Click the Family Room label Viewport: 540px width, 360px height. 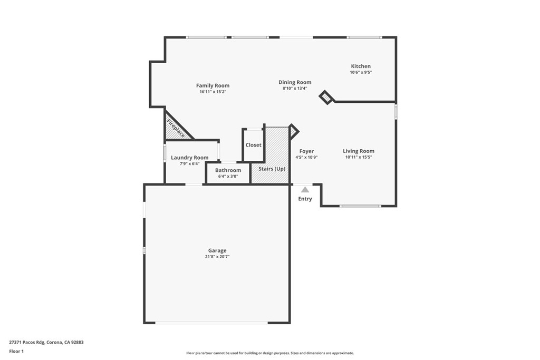tap(213, 85)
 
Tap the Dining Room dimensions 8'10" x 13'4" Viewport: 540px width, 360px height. tap(295, 89)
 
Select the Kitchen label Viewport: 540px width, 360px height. tap(361, 66)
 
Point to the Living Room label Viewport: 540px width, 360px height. tap(359, 151)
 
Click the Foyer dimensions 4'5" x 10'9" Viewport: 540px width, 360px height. tap(306, 157)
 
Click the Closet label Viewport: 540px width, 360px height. tap(253, 145)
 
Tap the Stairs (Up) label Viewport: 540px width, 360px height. tap(272, 169)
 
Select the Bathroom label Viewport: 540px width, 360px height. tap(228, 170)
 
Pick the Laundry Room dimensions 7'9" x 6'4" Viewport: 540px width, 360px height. tap(189, 163)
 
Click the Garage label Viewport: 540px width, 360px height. tap(217, 250)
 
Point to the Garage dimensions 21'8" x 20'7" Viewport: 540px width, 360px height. tap(217, 257)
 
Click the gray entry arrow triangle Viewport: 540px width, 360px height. tap(305, 189)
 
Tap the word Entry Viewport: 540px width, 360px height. tap(305, 199)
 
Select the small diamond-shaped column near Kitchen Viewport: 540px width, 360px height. tap(326, 98)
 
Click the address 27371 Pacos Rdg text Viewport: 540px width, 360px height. tap(46, 342)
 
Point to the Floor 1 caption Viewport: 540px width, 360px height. tap(16, 351)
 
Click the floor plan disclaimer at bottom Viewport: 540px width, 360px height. tap(269, 353)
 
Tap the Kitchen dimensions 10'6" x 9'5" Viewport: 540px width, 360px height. tap(361, 72)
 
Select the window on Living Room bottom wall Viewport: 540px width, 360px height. tap(360, 206)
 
